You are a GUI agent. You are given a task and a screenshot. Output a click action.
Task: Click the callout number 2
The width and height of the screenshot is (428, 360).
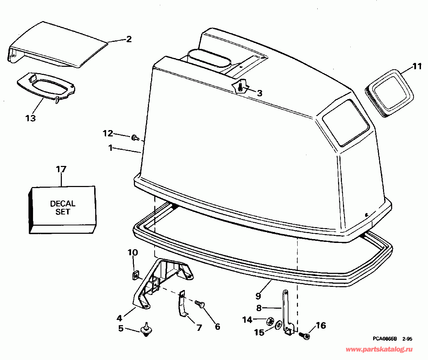129,39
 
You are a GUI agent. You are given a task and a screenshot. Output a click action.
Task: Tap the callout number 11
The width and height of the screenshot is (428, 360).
417,66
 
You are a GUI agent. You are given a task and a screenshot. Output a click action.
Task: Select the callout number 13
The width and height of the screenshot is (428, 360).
31,118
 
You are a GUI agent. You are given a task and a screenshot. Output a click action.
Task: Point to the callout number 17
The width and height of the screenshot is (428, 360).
61,169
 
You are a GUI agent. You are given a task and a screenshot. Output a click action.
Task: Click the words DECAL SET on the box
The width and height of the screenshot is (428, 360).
63,208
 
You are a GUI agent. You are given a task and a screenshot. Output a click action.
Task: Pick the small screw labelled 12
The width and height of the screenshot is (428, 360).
134,138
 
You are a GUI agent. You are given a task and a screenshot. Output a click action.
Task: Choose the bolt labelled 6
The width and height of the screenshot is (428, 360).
200,304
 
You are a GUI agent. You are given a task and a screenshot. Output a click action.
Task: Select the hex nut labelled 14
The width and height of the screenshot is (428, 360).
270,320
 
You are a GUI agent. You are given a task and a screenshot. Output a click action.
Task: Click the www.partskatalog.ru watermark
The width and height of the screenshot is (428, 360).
380,349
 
